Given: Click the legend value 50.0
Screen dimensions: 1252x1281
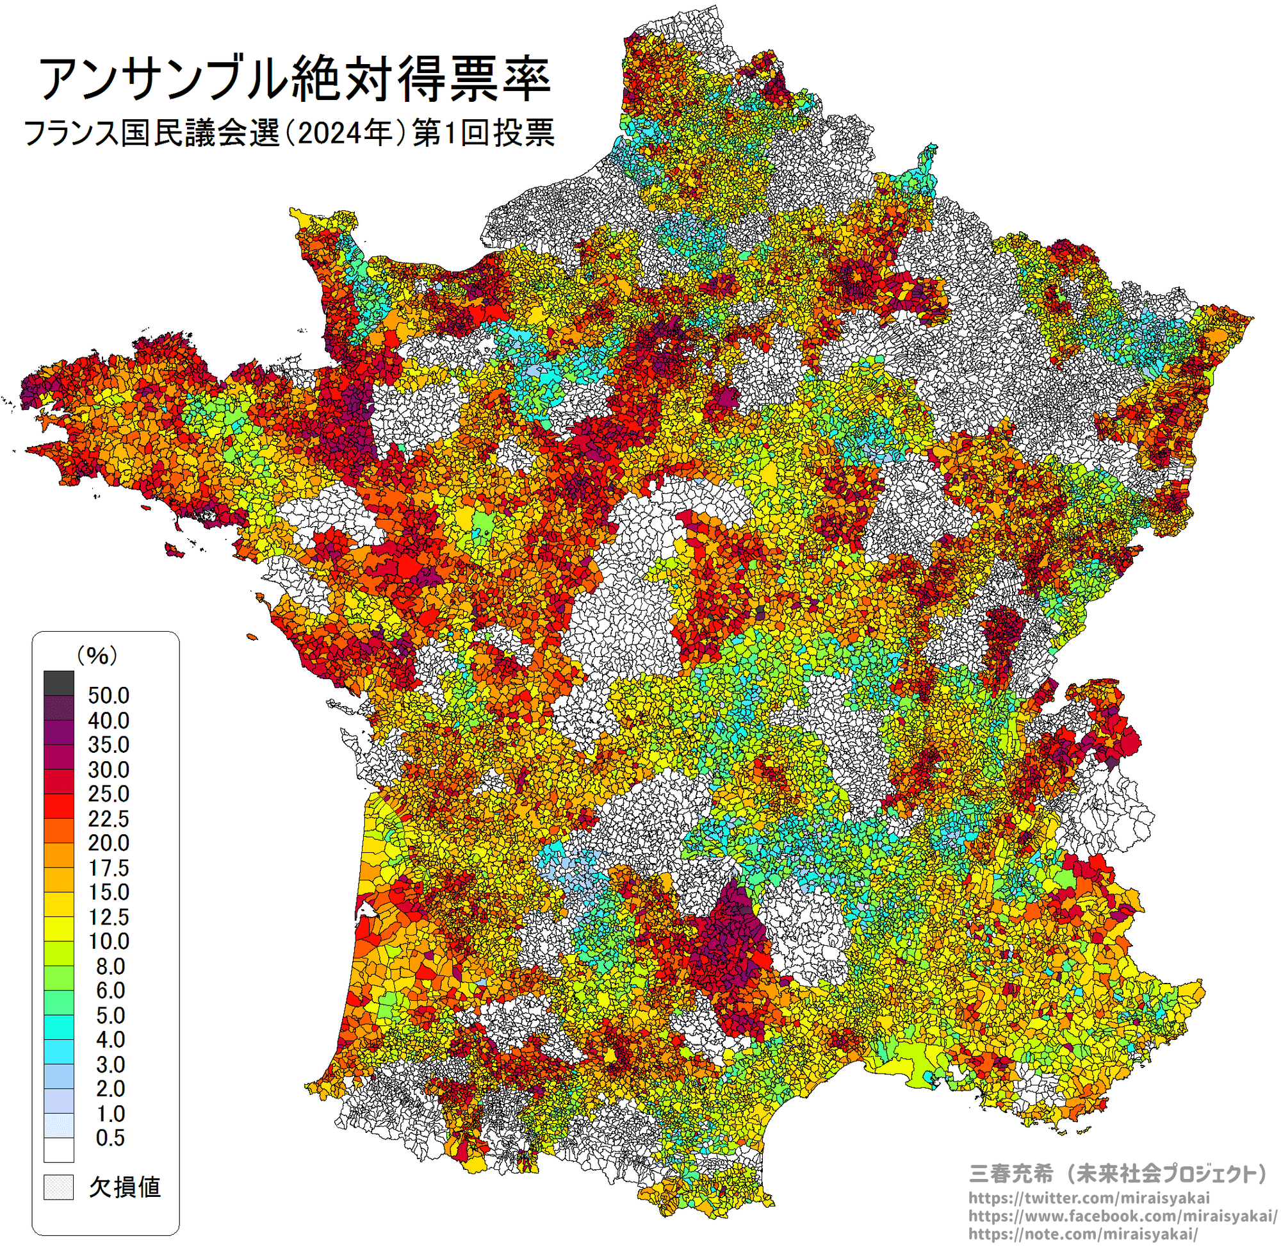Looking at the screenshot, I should point(108,696).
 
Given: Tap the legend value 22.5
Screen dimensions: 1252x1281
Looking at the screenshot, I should point(108,820).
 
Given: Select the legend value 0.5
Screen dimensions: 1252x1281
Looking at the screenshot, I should point(110,1138).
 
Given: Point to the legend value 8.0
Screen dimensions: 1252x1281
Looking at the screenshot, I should point(110,967).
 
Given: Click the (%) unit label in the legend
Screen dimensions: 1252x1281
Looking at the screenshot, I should point(97,655).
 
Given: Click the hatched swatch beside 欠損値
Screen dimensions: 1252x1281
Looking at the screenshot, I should point(58,1187).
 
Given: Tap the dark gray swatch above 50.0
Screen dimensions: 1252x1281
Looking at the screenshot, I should point(58,683).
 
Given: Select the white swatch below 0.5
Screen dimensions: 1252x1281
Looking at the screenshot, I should point(58,1150).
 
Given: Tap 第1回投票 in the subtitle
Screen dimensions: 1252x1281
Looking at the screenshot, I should point(483,133).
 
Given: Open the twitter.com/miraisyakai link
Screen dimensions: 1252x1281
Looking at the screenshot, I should point(1088,1198).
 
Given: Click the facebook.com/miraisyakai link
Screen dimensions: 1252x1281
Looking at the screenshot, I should point(1123,1216).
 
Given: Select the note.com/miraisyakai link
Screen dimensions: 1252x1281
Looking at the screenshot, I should point(1083,1233).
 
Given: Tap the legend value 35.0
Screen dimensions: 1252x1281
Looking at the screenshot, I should point(108,745).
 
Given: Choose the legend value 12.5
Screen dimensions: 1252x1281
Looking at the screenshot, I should point(108,918).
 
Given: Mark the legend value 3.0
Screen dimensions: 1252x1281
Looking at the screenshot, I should point(110,1065).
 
